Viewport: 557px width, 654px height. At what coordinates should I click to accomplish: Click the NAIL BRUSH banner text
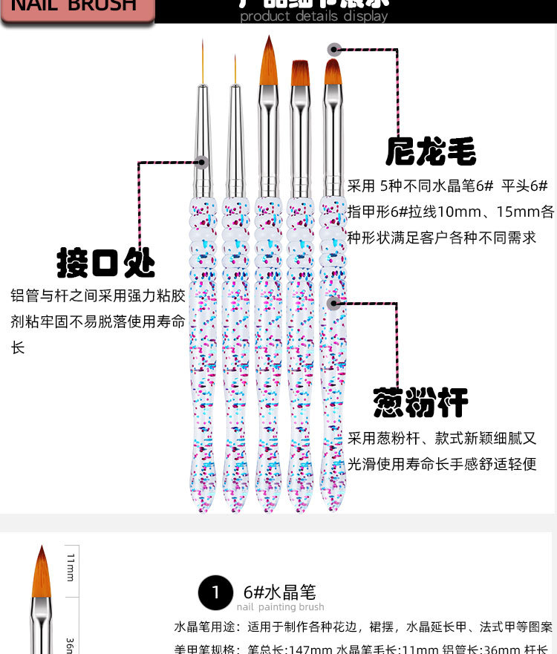[75, 7]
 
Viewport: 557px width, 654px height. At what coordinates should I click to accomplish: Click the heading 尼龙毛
[431, 151]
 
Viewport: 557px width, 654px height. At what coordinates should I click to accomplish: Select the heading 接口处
[106, 263]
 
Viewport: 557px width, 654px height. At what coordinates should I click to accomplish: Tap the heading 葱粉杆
[420, 402]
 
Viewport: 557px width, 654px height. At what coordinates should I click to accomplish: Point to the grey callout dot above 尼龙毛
[335, 50]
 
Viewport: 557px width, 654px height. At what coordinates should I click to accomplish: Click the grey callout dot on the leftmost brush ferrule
[201, 161]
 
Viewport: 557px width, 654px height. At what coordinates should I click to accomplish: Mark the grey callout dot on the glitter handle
[333, 302]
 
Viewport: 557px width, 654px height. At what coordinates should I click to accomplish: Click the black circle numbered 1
[216, 593]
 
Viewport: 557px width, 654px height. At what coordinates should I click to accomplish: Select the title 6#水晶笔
[279, 592]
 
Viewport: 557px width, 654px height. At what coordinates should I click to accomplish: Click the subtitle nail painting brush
[280, 607]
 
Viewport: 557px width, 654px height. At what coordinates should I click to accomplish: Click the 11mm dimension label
[71, 567]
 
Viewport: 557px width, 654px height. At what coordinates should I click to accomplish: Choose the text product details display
[313, 16]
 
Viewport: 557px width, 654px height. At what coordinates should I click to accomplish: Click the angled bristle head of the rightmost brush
[333, 73]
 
